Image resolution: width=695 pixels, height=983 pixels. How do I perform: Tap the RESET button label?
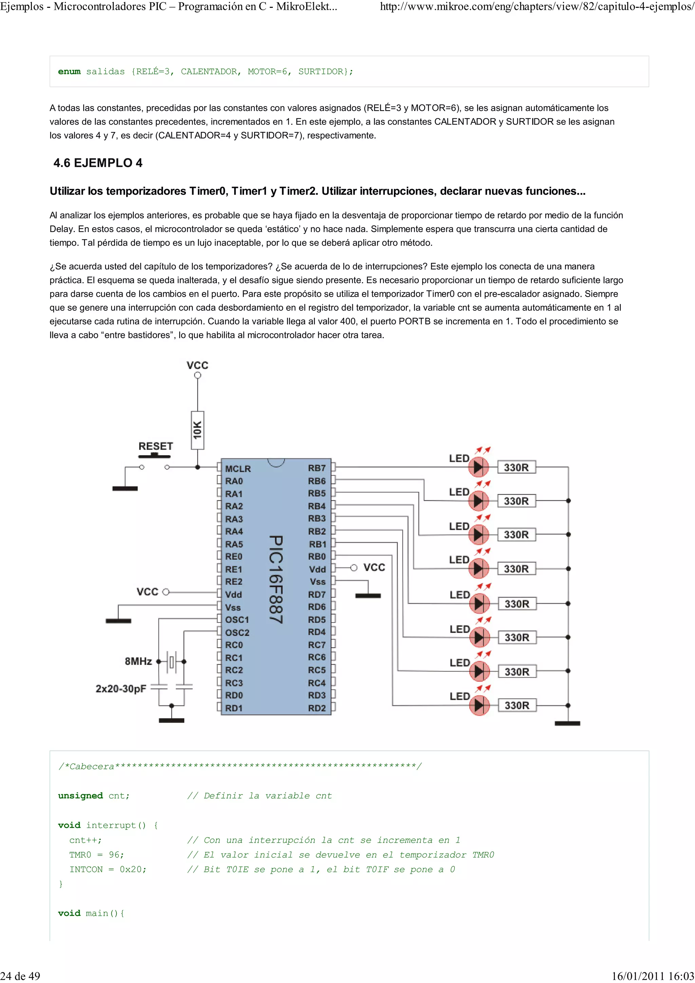click(155, 446)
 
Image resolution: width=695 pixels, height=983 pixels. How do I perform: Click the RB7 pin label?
click(317, 468)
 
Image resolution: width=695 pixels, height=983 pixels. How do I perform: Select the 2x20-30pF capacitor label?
click(121, 689)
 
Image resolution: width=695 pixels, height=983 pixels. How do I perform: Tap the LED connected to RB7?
click(479, 467)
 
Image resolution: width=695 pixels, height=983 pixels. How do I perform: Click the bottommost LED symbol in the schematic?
click(479, 705)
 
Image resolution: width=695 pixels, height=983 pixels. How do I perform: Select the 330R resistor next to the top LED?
click(516, 467)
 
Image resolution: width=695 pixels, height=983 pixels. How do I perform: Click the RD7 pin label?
click(317, 594)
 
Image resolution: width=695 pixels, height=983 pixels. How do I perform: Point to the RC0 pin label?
click(234, 645)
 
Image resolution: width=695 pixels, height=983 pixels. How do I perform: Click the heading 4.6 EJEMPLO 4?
click(98, 163)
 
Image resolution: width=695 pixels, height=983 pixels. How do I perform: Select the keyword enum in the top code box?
click(69, 72)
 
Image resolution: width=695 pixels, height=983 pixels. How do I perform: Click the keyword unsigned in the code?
click(80, 796)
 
